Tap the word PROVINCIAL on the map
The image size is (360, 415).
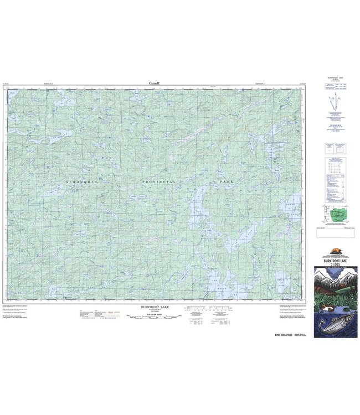(x=158, y=181)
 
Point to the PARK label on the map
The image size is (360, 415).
(x=226, y=181)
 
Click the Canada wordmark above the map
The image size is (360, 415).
(x=155, y=83)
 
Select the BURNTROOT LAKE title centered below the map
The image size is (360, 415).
(x=155, y=306)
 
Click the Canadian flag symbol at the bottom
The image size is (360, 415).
(x=276, y=335)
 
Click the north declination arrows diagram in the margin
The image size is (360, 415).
(x=333, y=105)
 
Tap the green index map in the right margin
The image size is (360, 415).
(x=333, y=214)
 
